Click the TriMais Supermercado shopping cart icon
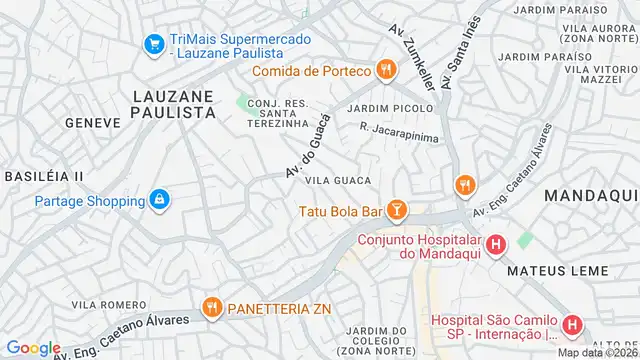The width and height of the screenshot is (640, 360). coord(153,45)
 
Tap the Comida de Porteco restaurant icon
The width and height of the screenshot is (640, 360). coord(384,70)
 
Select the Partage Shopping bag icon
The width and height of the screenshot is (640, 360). coord(158,200)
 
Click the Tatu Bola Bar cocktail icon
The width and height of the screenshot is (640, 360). coord(397,210)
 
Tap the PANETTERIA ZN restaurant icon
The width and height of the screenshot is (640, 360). coord(211,307)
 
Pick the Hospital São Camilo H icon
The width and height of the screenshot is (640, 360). coord(571,325)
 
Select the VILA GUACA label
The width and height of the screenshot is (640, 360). coord(338,180)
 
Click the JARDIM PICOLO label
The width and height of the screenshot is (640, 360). coord(391,108)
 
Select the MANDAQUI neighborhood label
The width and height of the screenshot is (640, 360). coord(591,196)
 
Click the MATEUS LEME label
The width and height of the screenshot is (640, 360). coord(551,270)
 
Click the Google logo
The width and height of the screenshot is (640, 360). coord(33,347)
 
